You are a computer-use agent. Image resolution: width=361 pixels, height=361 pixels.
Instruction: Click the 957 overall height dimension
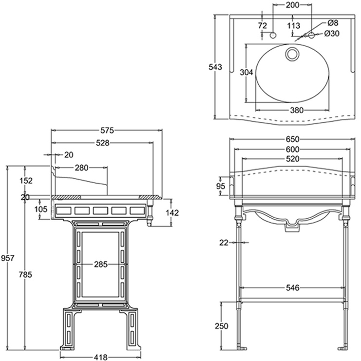[8, 258]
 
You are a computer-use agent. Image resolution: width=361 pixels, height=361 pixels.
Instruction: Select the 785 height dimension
[25, 274]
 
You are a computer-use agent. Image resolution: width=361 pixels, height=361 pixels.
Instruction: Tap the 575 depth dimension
[107, 131]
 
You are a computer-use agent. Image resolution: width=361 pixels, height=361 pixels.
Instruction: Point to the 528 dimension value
[103, 143]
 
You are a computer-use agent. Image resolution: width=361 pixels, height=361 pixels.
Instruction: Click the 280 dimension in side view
[81, 168]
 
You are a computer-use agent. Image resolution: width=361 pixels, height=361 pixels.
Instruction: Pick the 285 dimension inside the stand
[101, 265]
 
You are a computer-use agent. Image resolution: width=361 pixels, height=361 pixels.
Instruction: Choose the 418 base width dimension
[101, 357]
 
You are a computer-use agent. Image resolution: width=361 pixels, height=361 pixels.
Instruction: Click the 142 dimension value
[172, 213]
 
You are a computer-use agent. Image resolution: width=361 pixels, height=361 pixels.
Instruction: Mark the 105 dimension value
[41, 209]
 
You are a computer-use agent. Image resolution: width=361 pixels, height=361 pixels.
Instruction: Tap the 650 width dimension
[292, 139]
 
